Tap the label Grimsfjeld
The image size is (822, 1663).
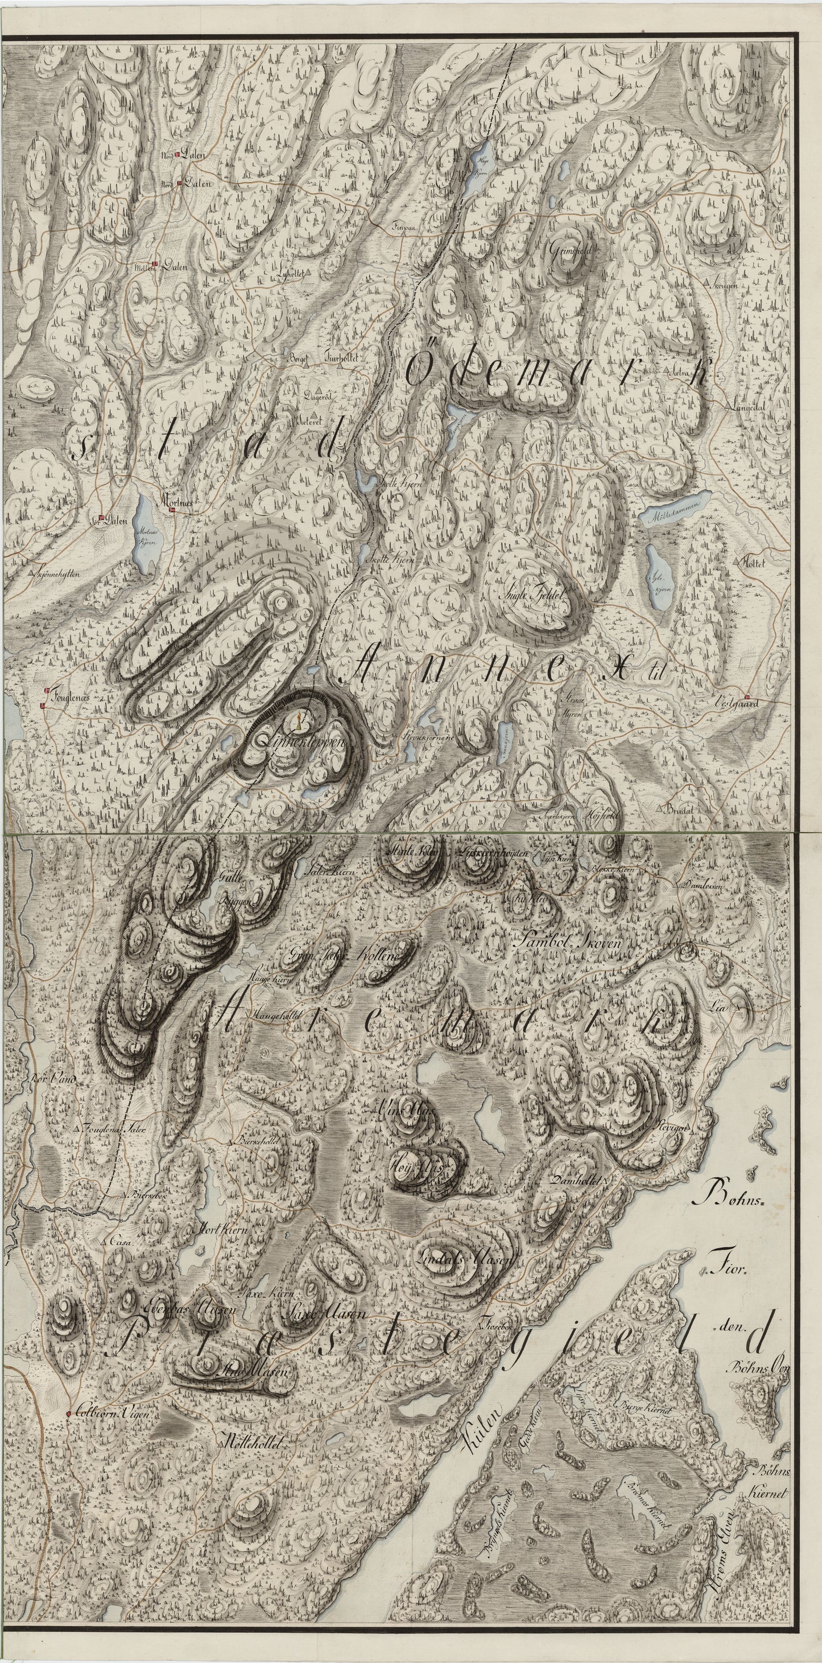[x=571, y=249]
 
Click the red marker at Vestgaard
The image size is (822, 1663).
[x=747, y=697]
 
